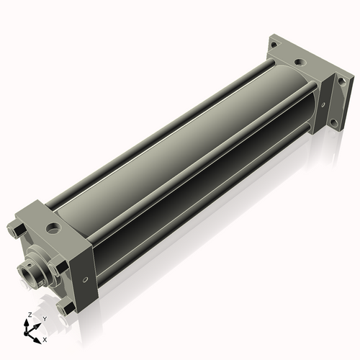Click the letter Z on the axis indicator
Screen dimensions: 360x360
tap(30, 315)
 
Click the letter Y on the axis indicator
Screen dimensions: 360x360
tap(45, 319)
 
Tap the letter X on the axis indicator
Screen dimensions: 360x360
tap(45, 340)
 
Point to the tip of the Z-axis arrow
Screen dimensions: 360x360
tap(26, 320)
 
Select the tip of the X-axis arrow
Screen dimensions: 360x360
tap(41, 343)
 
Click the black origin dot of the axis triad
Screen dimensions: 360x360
tap(26, 333)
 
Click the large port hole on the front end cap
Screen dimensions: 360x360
tap(53, 228)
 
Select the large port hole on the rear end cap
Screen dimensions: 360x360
tap(300, 63)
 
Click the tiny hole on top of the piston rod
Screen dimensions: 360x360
tap(29, 265)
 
